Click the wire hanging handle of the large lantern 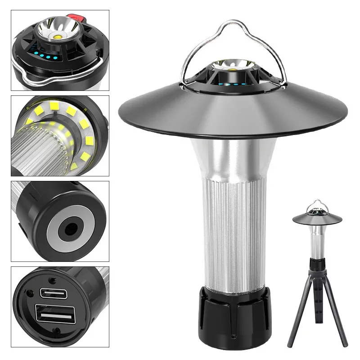pos(234,27)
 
